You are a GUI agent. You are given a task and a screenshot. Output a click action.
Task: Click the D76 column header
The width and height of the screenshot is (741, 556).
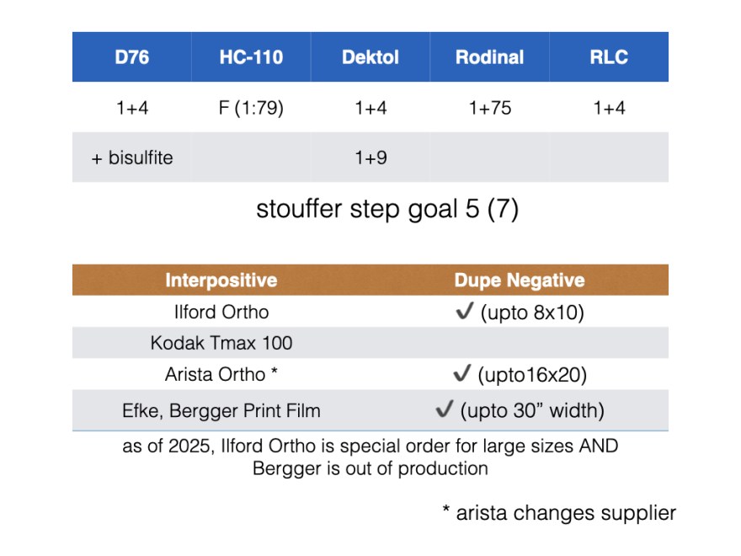[x=132, y=57]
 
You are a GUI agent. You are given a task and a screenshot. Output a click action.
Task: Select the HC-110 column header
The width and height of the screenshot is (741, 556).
[x=251, y=57]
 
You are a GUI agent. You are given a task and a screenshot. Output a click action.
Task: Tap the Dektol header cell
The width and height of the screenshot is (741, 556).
[x=370, y=57]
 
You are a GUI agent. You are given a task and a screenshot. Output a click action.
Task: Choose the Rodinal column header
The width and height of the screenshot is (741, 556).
[x=489, y=57]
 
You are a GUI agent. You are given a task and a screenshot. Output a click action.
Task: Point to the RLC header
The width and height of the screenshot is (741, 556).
[x=609, y=57]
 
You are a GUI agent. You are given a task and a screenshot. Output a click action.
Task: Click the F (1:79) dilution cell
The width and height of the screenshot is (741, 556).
[x=251, y=108]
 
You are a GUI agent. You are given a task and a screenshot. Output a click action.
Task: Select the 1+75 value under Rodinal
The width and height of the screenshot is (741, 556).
[x=489, y=108]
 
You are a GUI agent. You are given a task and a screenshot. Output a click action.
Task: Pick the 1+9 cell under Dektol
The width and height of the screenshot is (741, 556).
[x=370, y=158]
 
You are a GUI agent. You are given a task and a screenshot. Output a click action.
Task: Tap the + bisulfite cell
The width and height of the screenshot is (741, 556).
[x=132, y=158]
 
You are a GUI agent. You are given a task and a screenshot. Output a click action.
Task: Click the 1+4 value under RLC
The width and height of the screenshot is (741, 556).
[x=609, y=108]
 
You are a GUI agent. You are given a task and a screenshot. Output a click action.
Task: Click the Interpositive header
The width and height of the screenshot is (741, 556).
[x=221, y=280]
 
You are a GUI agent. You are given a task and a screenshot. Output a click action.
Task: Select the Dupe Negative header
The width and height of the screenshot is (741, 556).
[x=520, y=280]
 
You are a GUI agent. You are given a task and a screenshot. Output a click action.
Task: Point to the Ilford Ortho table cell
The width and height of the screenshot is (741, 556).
[x=221, y=312]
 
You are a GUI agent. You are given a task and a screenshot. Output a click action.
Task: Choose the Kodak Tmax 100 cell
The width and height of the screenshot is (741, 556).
[x=221, y=343]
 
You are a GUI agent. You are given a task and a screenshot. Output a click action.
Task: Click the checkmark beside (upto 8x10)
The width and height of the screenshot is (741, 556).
[x=464, y=311]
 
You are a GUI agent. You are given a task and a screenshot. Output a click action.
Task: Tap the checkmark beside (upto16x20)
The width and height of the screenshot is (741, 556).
[x=461, y=372]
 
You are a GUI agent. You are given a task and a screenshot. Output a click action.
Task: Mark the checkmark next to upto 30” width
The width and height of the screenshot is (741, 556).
[x=445, y=409]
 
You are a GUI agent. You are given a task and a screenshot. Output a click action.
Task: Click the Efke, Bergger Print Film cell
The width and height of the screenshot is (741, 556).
[x=221, y=410]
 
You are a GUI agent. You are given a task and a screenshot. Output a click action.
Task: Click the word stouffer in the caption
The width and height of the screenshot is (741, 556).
[x=299, y=209]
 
